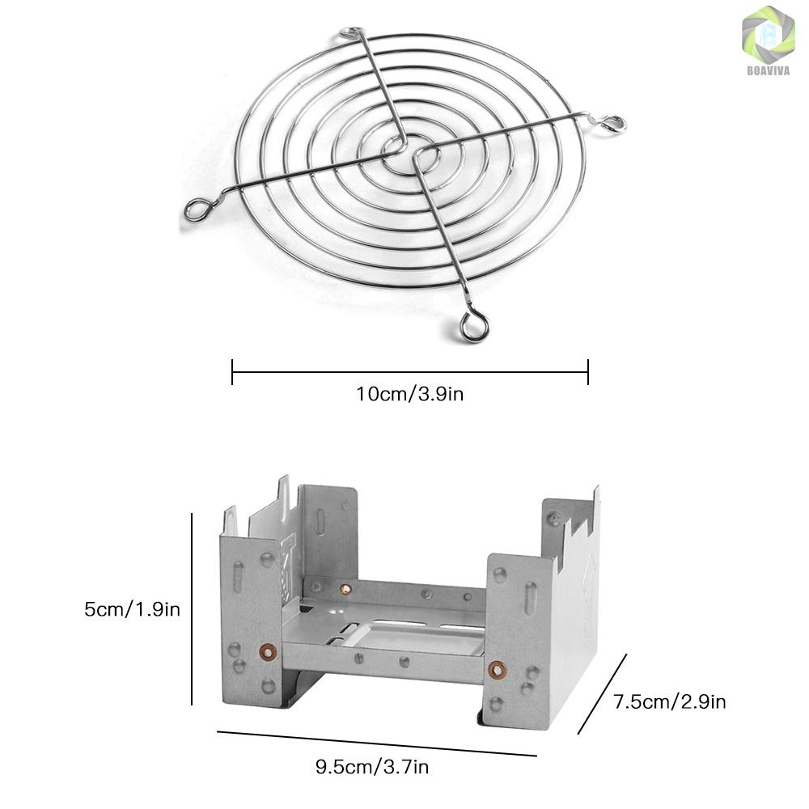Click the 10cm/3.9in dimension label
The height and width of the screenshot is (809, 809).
[x=410, y=394]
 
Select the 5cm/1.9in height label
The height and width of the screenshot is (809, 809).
[x=133, y=609]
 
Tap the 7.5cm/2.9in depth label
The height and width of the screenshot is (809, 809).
[x=670, y=701]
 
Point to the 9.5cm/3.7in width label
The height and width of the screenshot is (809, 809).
[x=372, y=767]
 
